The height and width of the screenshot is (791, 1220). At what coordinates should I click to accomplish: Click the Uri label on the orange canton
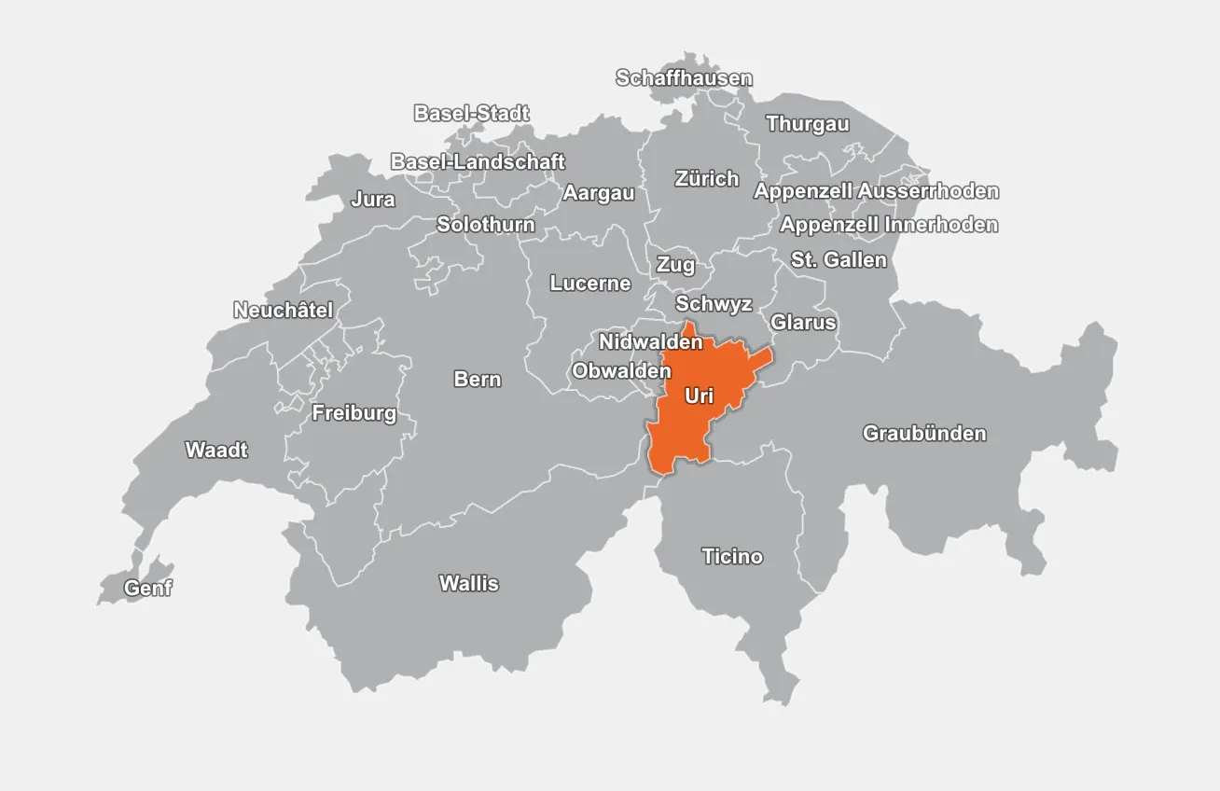pyautogui.click(x=699, y=396)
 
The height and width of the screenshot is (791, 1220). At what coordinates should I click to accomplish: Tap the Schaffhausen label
pyautogui.click(x=684, y=78)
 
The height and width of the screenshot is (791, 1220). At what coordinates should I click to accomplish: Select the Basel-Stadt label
pyautogui.click(x=471, y=114)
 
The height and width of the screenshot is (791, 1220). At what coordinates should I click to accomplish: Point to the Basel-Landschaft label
pyautogui.click(x=478, y=162)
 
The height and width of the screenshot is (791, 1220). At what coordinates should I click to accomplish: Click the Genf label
pyautogui.click(x=148, y=589)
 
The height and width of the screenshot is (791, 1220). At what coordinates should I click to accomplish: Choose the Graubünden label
pyautogui.click(x=923, y=434)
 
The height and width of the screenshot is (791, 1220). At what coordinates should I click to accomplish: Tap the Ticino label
pyautogui.click(x=732, y=557)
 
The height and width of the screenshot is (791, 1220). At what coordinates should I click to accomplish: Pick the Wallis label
pyautogui.click(x=469, y=584)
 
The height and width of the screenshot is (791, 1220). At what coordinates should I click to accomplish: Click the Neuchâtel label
pyautogui.click(x=283, y=311)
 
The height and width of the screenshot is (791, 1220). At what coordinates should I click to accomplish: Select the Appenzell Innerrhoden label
pyautogui.click(x=889, y=225)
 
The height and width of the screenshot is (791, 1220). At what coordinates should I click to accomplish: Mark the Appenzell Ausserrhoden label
pyautogui.click(x=876, y=191)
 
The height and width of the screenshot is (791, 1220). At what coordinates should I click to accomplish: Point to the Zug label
pyautogui.click(x=675, y=265)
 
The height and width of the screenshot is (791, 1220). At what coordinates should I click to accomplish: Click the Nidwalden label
pyautogui.click(x=650, y=342)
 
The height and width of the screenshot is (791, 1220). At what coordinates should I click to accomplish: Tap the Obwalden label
pyautogui.click(x=621, y=371)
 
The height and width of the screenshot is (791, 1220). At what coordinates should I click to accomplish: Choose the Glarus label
pyautogui.click(x=803, y=323)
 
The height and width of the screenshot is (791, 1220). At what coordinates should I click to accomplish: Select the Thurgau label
pyautogui.click(x=808, y=124)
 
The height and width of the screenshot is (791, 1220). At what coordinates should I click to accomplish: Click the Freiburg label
pyautogui.click(x=354, y=413)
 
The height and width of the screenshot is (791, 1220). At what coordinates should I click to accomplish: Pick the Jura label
pyautogui.click(x=373, y=200)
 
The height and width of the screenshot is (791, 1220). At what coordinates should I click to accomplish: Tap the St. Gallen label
pyautogui.click(x=839, y=260)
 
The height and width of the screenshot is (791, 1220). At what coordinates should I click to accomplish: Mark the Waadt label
pyautogui.click(x=216, y=451)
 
